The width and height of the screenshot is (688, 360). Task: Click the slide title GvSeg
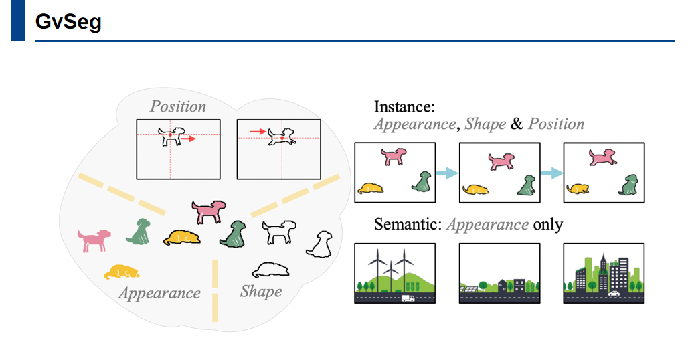(68, 22)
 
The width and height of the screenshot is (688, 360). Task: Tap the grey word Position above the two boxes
(178, 106)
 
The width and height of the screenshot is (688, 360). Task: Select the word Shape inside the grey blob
(261, 292)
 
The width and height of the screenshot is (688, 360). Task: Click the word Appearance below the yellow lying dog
(160, 293)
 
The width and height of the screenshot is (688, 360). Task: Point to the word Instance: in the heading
(404, 107)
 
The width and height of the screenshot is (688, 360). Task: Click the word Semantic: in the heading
(408, 224)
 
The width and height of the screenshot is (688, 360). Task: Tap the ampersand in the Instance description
(517, 124)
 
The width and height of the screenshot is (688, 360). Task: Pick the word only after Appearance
(548, 224)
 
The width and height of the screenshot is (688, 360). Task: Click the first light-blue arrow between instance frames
(446, 173)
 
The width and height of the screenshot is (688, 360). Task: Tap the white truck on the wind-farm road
(408, 298)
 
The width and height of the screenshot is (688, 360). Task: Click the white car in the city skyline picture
(613, 293)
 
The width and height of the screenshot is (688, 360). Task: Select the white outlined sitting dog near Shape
(320, 244)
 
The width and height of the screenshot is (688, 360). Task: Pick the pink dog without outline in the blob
(94, 240)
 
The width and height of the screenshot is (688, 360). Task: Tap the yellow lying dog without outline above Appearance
(122, 272)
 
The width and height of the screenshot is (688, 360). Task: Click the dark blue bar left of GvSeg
(17, 20)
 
